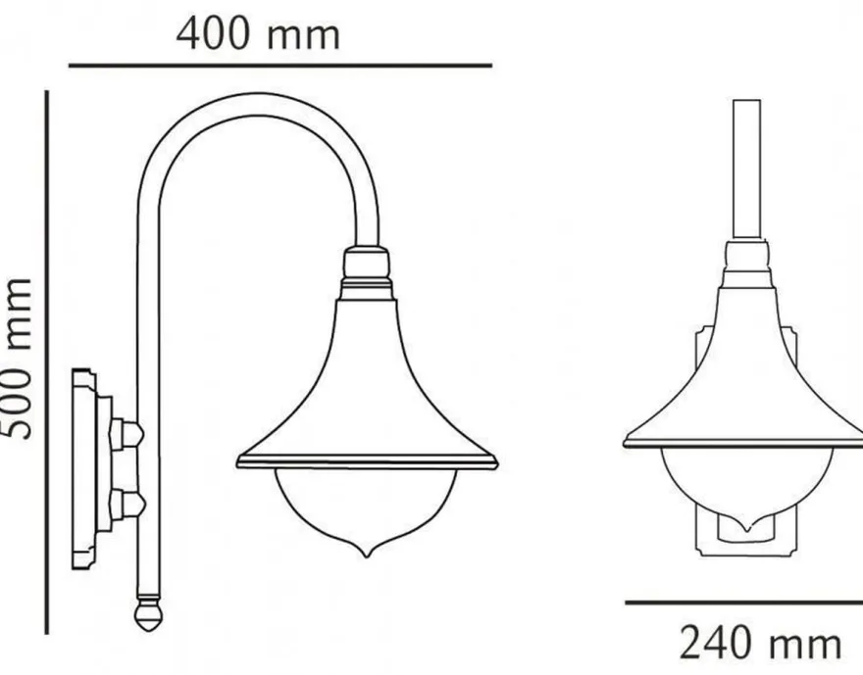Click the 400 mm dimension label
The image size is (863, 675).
tap(258, 34)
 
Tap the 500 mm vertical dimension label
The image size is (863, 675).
tap(18, 359)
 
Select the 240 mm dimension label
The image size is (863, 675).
tap(761, 642)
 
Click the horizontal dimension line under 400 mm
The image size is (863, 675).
tap(280, 66)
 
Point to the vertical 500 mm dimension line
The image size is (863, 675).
tap(47, 362)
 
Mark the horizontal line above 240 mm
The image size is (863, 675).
tap(744, 603)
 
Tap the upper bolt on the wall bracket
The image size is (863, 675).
tap(127, 435)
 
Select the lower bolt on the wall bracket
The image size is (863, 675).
tap(127, 502)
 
